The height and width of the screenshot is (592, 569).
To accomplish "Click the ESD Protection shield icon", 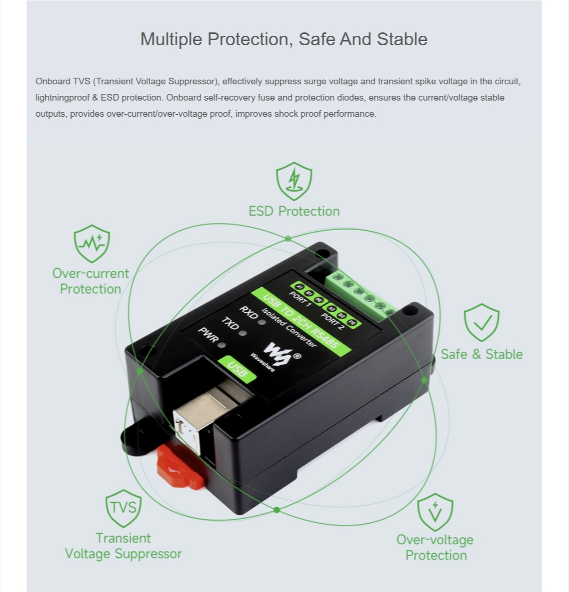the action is point(294,181).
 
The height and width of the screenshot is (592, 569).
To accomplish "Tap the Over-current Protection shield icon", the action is point(92,244).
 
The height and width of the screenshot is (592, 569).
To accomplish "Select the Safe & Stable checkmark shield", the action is point(481,322).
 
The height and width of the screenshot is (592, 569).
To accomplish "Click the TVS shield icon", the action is point(124,508).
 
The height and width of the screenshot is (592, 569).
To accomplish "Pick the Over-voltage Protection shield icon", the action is point(435,512).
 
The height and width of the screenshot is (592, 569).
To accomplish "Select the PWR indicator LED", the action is point(222,345).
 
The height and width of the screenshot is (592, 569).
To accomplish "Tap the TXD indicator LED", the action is point(243,333).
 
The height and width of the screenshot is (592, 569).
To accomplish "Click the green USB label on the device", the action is point(237,369).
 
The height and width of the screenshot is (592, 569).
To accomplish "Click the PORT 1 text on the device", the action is point(300,299).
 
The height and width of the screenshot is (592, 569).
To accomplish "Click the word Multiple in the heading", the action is point(171,40).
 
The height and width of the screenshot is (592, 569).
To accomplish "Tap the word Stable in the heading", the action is point(402,39).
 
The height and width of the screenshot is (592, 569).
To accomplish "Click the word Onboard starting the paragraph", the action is point(52,82).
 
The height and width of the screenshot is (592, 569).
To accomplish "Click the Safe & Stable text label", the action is point(482,354).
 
